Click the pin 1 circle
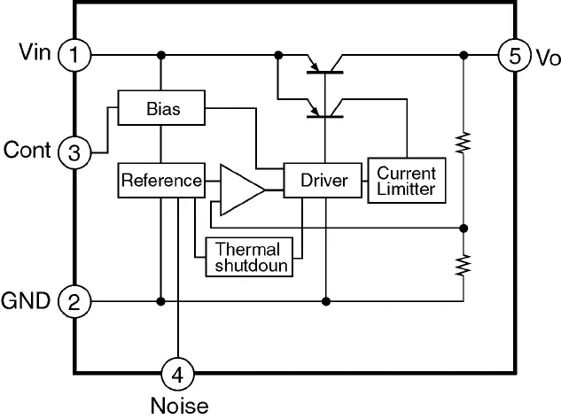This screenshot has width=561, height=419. (x=74, y=55)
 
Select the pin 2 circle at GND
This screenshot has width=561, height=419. (x=74, y=302)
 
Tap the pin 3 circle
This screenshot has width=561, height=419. (x=74, y=153)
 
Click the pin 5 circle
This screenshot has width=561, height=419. (x=512, y=55)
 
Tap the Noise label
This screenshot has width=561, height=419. (x=178, y=406)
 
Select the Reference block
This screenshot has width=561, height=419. (x=161, y=181)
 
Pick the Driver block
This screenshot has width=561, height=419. (x=323, y=181)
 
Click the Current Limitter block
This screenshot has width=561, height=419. (x=406, y=181)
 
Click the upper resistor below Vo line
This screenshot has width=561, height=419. (x=463, y=142)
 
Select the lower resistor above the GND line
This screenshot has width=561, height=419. (x=463, y=263)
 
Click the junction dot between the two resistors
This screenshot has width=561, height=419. (x=463, y=228)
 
